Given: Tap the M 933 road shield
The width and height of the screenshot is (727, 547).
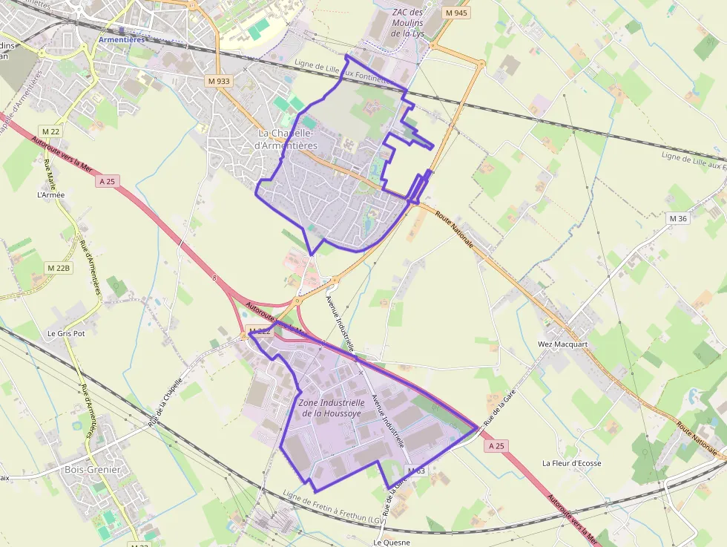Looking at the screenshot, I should [218, 79].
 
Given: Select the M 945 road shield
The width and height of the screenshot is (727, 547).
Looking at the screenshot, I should [455, 13].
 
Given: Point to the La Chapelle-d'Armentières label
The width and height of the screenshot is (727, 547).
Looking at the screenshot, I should [286, 140].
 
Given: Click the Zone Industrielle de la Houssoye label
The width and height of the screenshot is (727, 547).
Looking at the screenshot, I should [329, 407].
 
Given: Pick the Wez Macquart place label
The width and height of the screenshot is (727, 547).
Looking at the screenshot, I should [562, 344].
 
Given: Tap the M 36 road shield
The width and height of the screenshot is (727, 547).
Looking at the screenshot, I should [678, 218].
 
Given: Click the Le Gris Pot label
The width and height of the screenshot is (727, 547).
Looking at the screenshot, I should [66, 333].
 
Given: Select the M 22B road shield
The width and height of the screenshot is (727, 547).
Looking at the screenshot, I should [58, 267].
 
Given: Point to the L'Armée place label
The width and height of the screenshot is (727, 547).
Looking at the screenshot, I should [51, 195].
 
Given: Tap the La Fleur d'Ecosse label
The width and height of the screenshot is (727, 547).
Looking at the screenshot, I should [571, 463].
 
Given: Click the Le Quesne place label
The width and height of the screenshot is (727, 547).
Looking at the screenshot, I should [392, 542].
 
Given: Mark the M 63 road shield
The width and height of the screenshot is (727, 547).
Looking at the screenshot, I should [415, 471].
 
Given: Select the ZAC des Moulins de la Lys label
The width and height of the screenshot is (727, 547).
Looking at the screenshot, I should [407, 22].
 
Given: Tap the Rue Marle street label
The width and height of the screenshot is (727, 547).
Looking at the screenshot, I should [51, 174].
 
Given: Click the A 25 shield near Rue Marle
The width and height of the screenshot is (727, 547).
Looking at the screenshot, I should [108, 180].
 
